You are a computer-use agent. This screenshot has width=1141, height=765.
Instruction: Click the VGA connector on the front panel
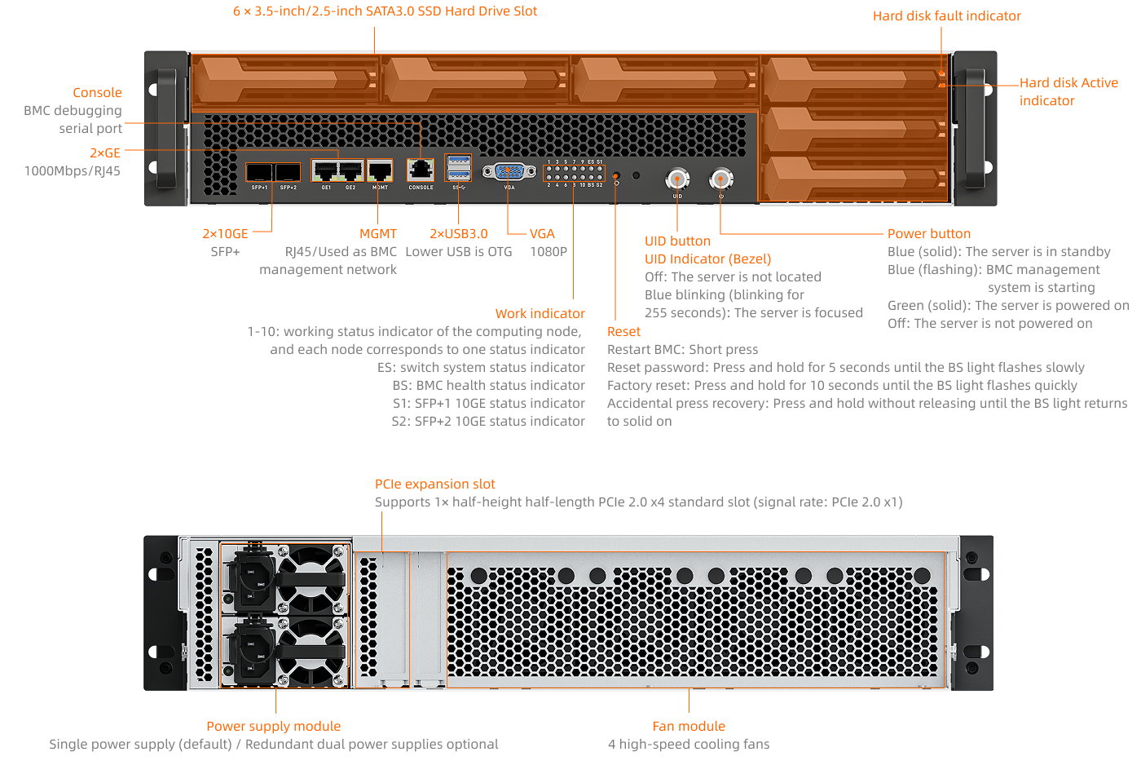tap(509, 172)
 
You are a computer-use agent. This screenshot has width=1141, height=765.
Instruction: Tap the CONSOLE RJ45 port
tap(421, 170)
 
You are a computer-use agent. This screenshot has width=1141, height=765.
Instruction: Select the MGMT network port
tap(380, 171)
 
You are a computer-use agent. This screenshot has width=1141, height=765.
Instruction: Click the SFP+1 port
tap(259, 172)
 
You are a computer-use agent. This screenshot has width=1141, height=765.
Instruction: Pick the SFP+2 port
tap(288, 172)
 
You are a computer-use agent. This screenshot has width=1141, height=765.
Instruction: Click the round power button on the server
tap(720, 179)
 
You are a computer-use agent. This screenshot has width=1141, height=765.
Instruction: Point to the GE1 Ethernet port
tap(326, 171)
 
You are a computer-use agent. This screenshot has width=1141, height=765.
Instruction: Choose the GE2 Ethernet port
tap(350, 171)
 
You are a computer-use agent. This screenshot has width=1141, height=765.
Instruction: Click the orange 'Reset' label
tap(623, 331)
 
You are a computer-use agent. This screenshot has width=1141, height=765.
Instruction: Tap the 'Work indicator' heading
tap(540, 313)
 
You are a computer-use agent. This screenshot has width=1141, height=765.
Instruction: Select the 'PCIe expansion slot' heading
tap(434, 484)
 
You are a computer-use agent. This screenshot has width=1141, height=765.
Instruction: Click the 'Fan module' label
tap(689, 726)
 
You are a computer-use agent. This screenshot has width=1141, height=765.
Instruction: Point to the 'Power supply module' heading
tap(273, 726)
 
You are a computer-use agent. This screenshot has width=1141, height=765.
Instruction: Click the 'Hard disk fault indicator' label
tap(946, 15)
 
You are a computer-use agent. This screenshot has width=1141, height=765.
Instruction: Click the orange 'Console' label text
tap(97, 92)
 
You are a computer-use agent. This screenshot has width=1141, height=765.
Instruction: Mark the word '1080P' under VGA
tap(548, 251)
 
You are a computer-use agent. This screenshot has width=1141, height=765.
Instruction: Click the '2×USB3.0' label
tap(459, 233)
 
